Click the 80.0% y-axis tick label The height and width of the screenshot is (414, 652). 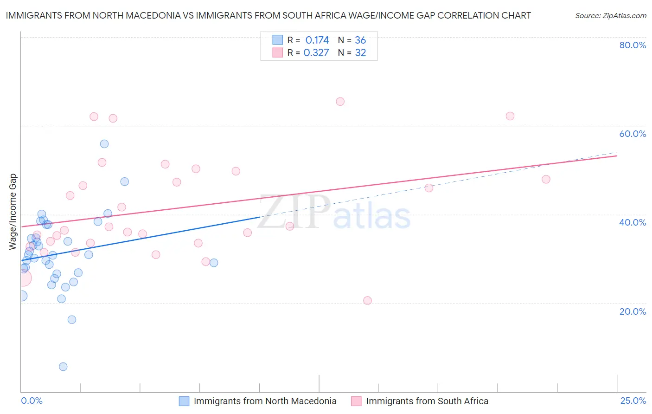point(633,45)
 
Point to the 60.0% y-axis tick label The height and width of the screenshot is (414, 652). point(633,134)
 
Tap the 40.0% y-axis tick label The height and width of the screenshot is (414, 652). point(633,222)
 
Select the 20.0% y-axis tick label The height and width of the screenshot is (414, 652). point(633,311)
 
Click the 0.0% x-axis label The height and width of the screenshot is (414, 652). point(32,401)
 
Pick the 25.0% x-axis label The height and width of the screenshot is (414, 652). point(633,401)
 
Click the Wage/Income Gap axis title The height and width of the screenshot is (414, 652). point(13,212)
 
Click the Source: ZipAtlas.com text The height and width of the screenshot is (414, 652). point(610,16)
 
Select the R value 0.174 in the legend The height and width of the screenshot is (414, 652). point(317,40)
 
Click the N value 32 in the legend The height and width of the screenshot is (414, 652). point(360,52)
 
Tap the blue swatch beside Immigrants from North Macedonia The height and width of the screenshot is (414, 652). point(184,401)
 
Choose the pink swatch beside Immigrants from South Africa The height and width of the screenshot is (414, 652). point(356,401)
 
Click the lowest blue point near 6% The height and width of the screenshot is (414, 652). point(63,367)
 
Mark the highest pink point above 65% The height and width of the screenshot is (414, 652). point(340,102)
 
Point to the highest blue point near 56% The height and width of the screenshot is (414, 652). point(104,144)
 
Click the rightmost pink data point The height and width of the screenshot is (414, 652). point(546,179)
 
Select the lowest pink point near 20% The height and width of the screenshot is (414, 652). point(367,300)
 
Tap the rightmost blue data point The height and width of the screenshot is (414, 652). point(214,263)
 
